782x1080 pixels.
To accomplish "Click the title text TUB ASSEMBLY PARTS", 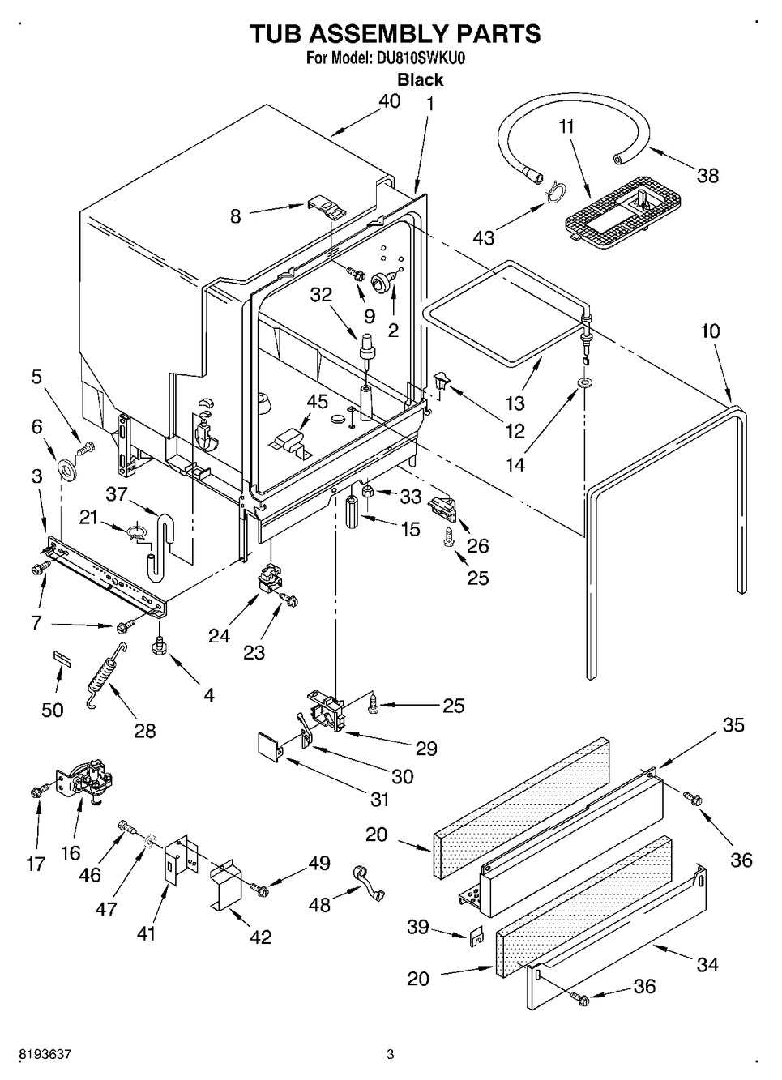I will click(394, 34).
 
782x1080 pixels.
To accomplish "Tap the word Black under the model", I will click(421, 79).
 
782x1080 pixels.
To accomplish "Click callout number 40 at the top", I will click(389, 102).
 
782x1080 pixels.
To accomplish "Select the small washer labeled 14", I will click(583, 381).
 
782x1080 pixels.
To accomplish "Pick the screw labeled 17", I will click(37, 792).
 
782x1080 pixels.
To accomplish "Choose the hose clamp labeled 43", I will click(553, 191).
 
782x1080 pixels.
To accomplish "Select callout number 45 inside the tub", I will click(318, 403).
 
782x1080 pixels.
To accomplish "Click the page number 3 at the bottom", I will click(390, 1055).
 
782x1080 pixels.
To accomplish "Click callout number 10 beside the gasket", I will click(710, 331).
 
